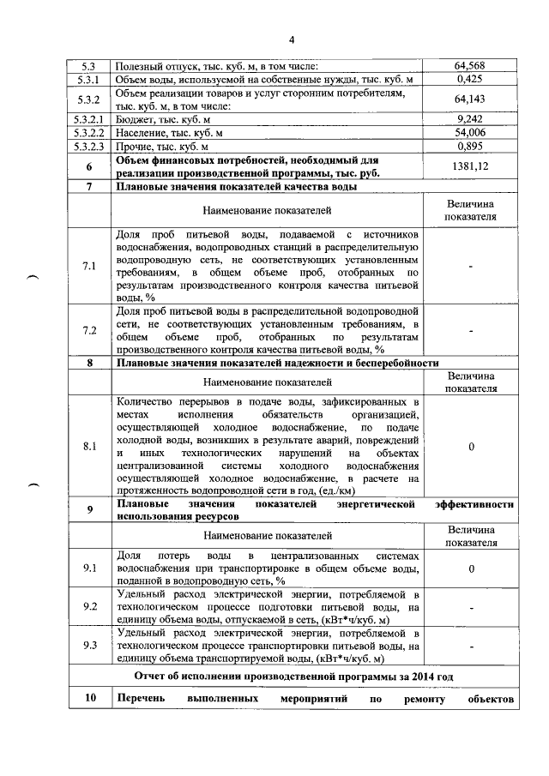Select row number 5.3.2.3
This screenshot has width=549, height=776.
[x=89, y=147]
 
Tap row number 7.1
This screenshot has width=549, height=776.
[x=89, y=266]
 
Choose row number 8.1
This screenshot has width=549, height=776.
[x=89, y=447]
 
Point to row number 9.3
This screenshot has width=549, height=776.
[x=89, y=646]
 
